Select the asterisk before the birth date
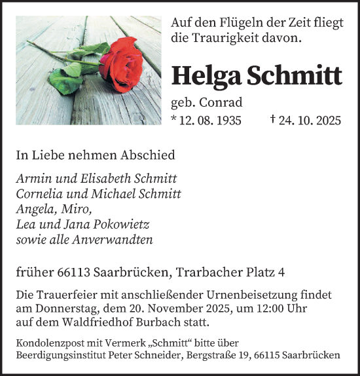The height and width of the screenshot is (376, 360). (173, 119)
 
